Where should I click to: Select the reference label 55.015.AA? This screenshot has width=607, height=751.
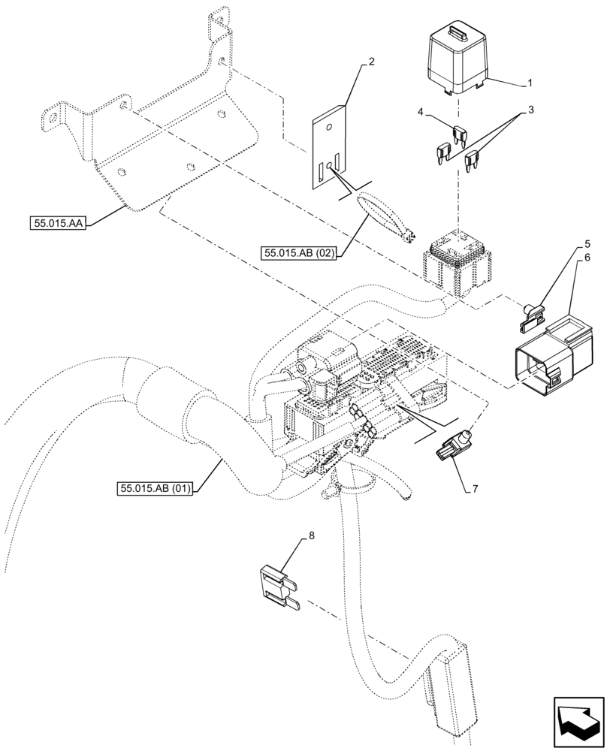[58, 223]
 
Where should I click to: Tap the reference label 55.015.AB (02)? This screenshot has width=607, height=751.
[299, 253]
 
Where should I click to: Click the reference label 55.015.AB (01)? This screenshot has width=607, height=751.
[156, 489]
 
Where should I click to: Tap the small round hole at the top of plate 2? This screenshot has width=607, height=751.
[328, 127]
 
